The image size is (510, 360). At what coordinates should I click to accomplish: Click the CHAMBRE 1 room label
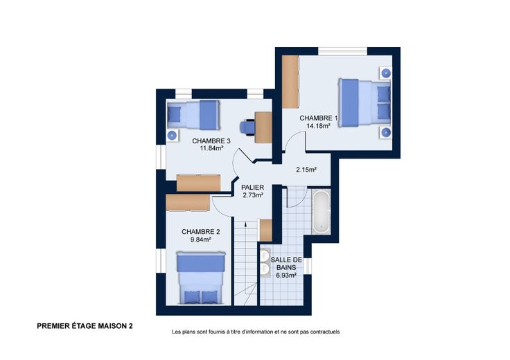pyautogui.click(x=319, y=118)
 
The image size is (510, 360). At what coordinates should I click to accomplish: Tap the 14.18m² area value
pyautogui.click(x=319, y=126)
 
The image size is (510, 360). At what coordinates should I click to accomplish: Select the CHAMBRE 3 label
pyautogui.click(x=211, y=141)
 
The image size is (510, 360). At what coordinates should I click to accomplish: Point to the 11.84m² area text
pyautogui.click(x=211, y=148)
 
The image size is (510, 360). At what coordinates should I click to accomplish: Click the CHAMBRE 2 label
pyautogui.click(x=201, y=232)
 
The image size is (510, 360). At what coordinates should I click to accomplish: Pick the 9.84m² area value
pyautogui.click(x=201, y=240)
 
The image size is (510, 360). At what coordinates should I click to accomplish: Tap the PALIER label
pyautogui.click(x=253, y=188)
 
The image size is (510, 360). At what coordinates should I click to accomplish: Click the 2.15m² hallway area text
pyautogui.click(x=306, y=170)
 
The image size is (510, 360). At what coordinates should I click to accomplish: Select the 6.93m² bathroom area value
pyautogui.click(x=286, y=276)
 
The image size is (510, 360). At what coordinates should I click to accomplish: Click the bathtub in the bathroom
pyautogui.click(x=322, y=212)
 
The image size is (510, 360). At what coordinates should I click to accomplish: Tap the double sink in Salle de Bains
pyautogui.click(x=265, y=262)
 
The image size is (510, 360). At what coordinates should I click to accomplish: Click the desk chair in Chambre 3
pyautogui.click(x=247, y=127)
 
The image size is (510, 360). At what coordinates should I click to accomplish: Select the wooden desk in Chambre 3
pyautogui.click(x=263, y=127)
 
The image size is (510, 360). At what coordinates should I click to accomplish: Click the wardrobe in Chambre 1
pyautogui.click(x=290, y=82)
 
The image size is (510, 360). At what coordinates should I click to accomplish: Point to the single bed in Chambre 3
pyautogui.click(x=193, y=115)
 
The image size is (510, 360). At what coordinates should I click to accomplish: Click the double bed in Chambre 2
pyautogui.click(x=201, y=278)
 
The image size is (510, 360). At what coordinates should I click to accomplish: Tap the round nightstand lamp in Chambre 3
pyautogui.click(x=172, y=135)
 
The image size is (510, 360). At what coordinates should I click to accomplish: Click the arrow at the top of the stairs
pyautogui.click(x=245, y=224)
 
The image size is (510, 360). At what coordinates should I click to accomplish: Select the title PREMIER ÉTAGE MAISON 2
pyautogui.click(x=85, y=326)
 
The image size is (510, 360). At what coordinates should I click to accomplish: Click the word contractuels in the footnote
pyautogui.click(x=325, y=332)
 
